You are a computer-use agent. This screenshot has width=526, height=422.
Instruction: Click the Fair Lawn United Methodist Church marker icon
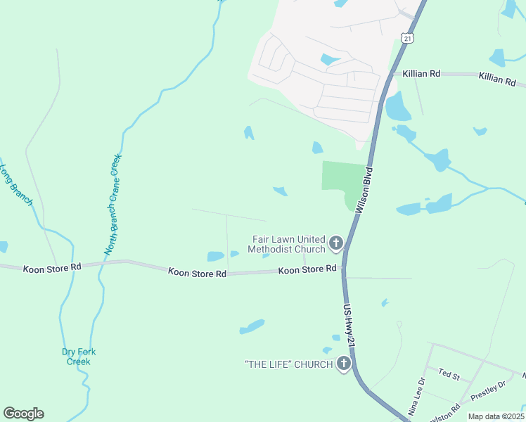336,244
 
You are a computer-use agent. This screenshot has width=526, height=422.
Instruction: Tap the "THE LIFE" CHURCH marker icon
344,364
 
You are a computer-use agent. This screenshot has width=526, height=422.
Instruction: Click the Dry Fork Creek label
78,357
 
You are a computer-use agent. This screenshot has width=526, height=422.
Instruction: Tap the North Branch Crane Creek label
113,203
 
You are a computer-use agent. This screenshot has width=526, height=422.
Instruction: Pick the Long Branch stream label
15,185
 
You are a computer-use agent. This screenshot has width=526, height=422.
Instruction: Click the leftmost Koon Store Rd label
52,268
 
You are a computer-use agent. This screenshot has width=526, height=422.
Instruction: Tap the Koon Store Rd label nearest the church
307,269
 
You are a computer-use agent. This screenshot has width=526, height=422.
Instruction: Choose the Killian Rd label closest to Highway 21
421,73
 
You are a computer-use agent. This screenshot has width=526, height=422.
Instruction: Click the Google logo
23,414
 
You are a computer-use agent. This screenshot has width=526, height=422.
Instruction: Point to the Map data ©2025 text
496,416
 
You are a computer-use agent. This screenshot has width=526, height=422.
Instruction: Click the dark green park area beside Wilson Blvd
343,178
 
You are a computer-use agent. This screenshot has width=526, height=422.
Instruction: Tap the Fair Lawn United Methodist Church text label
289,244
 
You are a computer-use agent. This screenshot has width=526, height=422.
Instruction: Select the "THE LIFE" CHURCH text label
288,364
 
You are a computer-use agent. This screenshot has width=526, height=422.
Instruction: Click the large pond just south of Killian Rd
397,108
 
